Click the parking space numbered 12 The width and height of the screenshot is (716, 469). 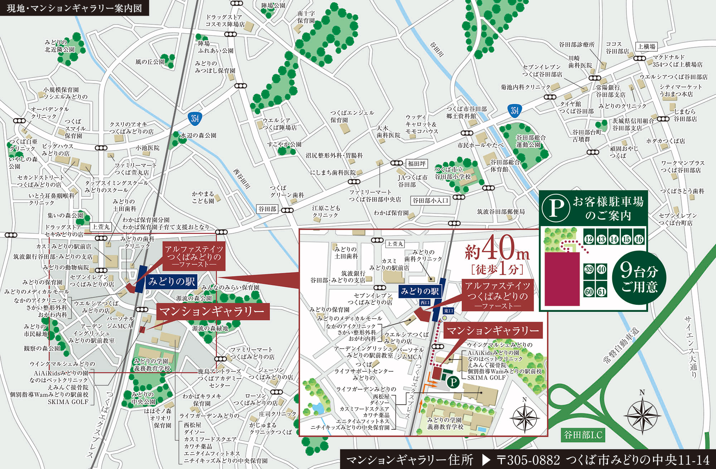589,239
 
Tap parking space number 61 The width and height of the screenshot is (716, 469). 601,292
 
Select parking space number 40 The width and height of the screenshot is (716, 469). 601,269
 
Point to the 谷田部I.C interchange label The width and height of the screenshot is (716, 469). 583,435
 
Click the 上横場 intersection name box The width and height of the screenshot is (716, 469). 647,47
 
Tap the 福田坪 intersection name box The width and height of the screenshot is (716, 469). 417,163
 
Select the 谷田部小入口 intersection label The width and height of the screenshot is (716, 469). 430,201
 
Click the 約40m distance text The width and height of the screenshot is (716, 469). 497,249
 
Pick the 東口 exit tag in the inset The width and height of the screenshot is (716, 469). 448,311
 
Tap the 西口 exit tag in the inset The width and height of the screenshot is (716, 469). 425,303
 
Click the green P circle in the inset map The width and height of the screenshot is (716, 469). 453,382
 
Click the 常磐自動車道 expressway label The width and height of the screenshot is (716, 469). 621,345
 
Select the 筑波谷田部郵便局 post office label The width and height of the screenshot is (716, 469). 501,212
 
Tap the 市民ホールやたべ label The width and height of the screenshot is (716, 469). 480,145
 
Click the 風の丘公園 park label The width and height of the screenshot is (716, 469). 150,62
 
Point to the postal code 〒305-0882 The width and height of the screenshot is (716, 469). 528,460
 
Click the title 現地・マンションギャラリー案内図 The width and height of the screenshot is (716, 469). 74,8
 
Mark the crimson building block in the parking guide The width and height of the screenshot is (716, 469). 562,279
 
